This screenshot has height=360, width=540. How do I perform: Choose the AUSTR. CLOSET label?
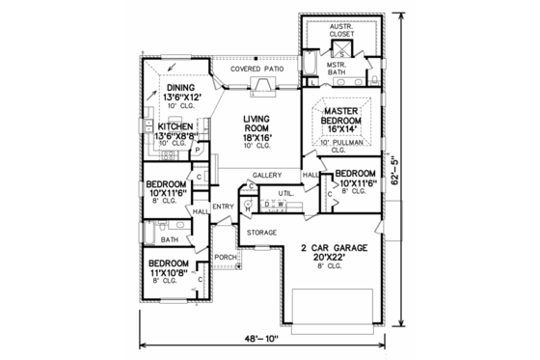pos(340,31)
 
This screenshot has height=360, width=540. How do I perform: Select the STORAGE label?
pos(261,233)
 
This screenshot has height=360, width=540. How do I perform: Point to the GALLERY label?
pos(266,175)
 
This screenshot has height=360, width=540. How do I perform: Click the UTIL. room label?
pos(285,194)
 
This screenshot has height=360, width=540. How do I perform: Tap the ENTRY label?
pos(224,207)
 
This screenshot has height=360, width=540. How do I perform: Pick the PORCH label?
pos(226,257)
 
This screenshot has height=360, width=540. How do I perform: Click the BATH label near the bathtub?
pos(169,239)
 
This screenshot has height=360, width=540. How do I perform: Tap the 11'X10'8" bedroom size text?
pos(172,273)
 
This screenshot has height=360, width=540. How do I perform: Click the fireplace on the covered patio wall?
pos(263,89)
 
